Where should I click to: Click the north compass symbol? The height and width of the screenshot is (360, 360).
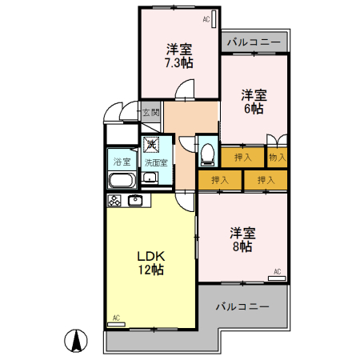[x=76, y=341]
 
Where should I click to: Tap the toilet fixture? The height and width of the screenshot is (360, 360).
[x=207, y=154]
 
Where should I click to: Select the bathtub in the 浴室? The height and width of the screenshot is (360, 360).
[x=122, y=181]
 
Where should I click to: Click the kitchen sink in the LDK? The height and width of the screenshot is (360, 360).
[x=135, y=200]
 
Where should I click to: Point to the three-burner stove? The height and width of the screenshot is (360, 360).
[x=114, y=201]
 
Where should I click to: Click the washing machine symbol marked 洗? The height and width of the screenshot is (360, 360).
[x=151, y=145]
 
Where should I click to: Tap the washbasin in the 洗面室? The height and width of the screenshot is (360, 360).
[x=150, y=178]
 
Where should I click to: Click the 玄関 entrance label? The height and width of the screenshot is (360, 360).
[x=151, y=113]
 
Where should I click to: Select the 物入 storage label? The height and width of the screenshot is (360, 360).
[x=278, y=158]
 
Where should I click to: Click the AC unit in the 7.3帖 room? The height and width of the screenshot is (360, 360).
[x=214, y=19]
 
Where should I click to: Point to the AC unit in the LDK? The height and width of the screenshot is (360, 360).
[x=116, y=324]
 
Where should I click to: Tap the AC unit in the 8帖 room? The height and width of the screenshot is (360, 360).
[x=277, y=278]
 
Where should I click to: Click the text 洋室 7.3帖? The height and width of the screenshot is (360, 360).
[x=179, y=55]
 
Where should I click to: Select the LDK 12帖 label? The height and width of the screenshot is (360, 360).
[x=151, y=262]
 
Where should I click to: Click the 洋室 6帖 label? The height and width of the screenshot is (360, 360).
[x=254, y=102]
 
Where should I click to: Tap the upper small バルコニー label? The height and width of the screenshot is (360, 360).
[x=254, y=42]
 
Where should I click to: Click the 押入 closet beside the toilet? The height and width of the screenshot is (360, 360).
[x=243, y=158]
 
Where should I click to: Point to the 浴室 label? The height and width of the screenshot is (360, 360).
[x=122, y=162]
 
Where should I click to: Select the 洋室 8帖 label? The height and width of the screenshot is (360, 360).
[x=242, y=239]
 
